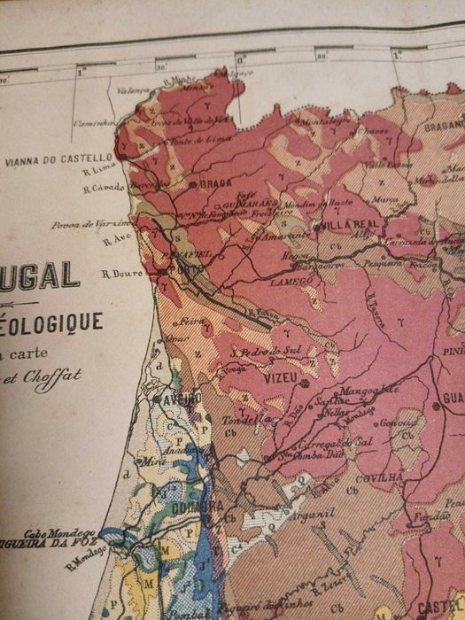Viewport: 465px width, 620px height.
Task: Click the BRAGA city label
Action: click(215, 185)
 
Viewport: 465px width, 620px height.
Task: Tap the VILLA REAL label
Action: click(339, 225)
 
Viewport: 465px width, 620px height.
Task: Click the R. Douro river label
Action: click(122, 274)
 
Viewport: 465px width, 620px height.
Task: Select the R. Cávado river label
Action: click(101, 188)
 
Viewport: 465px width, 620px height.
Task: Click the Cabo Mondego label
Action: click(59, 533)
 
